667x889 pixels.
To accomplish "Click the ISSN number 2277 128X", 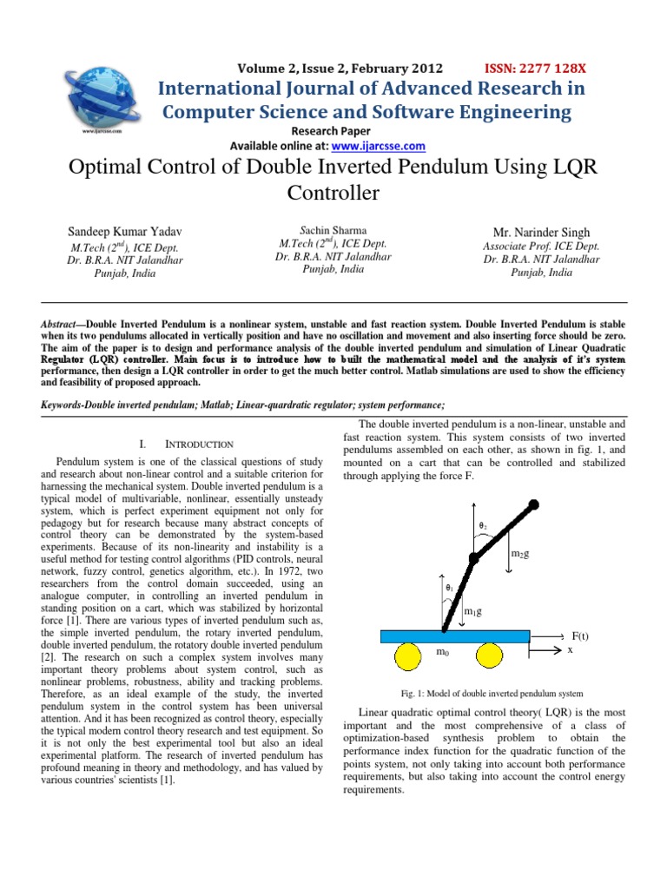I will coord(535,69).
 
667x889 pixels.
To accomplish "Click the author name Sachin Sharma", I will coord(333,230).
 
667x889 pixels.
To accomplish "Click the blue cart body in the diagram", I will coord(455,637).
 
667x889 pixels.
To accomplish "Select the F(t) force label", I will coord(577,636).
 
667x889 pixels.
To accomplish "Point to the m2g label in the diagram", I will coord(520,553).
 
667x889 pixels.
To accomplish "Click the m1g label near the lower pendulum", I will coord(472,611).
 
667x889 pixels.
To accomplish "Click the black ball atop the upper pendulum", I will coord(532,504).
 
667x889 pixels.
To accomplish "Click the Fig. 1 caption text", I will coord(491,694).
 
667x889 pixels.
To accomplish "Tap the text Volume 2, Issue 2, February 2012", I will coord(340,69).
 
